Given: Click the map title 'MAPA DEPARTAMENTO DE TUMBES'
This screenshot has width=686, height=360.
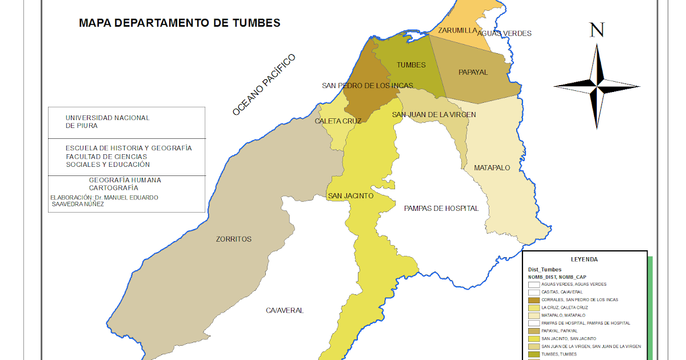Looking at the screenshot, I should tap(180, 23).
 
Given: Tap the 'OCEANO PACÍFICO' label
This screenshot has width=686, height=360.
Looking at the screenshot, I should tap(264, 85).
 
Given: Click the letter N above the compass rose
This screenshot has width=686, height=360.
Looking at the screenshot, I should tap(597, 30).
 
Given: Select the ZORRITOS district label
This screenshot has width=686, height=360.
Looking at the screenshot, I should tap(233, 239).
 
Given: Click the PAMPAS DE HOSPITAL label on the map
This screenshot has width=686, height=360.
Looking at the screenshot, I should tap(441, 209).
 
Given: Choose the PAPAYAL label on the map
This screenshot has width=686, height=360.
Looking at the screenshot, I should tap(473, 73).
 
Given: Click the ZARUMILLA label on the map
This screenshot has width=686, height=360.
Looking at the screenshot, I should tap(457, 30).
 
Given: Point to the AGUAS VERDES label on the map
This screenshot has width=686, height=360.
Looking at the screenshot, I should tap(504, 33).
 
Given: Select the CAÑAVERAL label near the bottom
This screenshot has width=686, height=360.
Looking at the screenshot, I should tap(285, 310).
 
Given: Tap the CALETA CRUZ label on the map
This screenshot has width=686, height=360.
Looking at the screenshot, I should tap(338, 121).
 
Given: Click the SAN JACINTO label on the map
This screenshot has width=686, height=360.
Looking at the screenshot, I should tap(350, 196).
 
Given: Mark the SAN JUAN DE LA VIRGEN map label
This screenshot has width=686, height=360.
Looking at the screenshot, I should tap(433, 115).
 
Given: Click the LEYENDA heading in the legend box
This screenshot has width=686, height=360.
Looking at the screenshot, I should tap(584, 259).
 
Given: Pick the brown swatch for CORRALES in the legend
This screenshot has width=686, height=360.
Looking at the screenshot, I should tap(533, 300).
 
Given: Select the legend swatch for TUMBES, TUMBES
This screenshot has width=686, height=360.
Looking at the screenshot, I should tap(533, 354).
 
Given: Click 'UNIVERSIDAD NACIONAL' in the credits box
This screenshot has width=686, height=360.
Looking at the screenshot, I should tap(107, 118).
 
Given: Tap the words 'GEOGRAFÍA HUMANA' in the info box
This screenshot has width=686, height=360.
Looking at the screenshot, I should tap(125, 180).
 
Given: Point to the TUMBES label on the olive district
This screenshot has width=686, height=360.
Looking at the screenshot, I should tap(411, 65).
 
